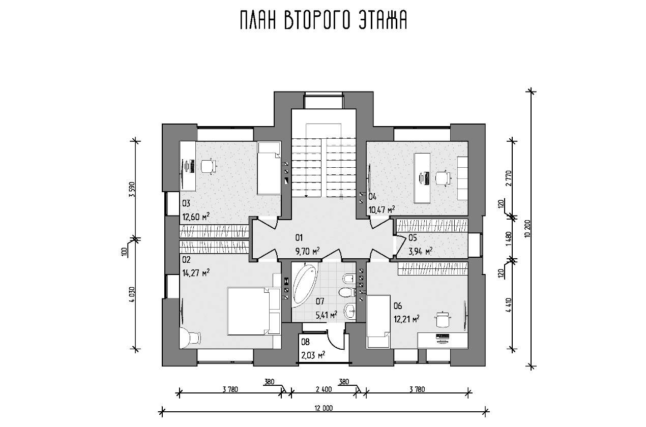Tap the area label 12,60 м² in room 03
pyautogui.click(x=196, y=217)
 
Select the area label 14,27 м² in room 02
pyautogui.click(x=196, y=272)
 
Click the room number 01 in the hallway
pyautogui.click(x=299, y=238)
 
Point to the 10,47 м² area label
pyautogui.click(x=382, y=210)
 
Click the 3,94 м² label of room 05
pyautogui.click(x=421, y=251)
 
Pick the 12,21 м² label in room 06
pyautogui.click(x=406, y=319)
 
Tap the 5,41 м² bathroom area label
pyautogui.click(x=327, y=315)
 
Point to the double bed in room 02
pyautogui.click(x=254, y=311)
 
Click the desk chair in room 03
pyautogui.click(x=208, y=166)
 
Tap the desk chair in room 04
pyautogui.click(x=443, y=178)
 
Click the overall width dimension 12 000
pyautogui.click(x=324, y=408)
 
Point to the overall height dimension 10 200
pyautogui.click(x=527, y=230)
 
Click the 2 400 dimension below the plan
pyautogui.click(x=324, y=389)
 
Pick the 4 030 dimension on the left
pyautogui.click(x=132, y=294)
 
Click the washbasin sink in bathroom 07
pyautogui.click(x=350, y=311)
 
